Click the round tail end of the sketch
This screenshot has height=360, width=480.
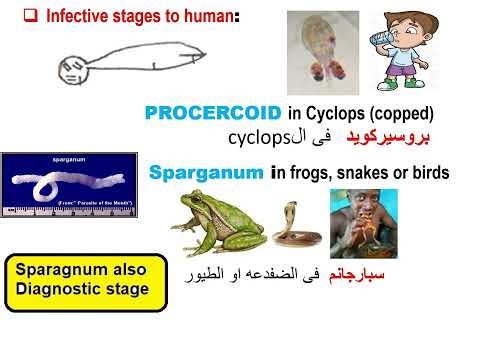pos(70,69)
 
